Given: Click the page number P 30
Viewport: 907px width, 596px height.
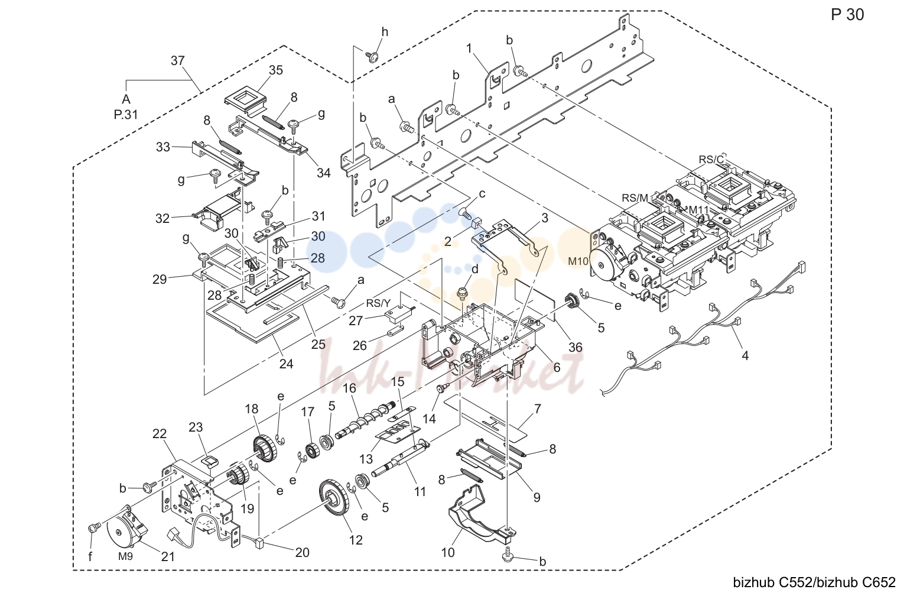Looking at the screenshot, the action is [x=847, y=15].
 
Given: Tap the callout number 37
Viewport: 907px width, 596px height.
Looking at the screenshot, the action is [x=177, y=61].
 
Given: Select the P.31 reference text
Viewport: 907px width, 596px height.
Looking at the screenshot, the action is [x=126, y=115].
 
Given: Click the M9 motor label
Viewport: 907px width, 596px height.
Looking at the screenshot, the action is [x=125, y=556].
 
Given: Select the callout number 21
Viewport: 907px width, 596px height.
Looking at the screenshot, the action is [x=168, y=557].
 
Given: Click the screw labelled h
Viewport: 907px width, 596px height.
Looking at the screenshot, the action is [x=372, y=56].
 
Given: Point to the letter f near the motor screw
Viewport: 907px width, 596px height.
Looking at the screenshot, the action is [x=90, y=557].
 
